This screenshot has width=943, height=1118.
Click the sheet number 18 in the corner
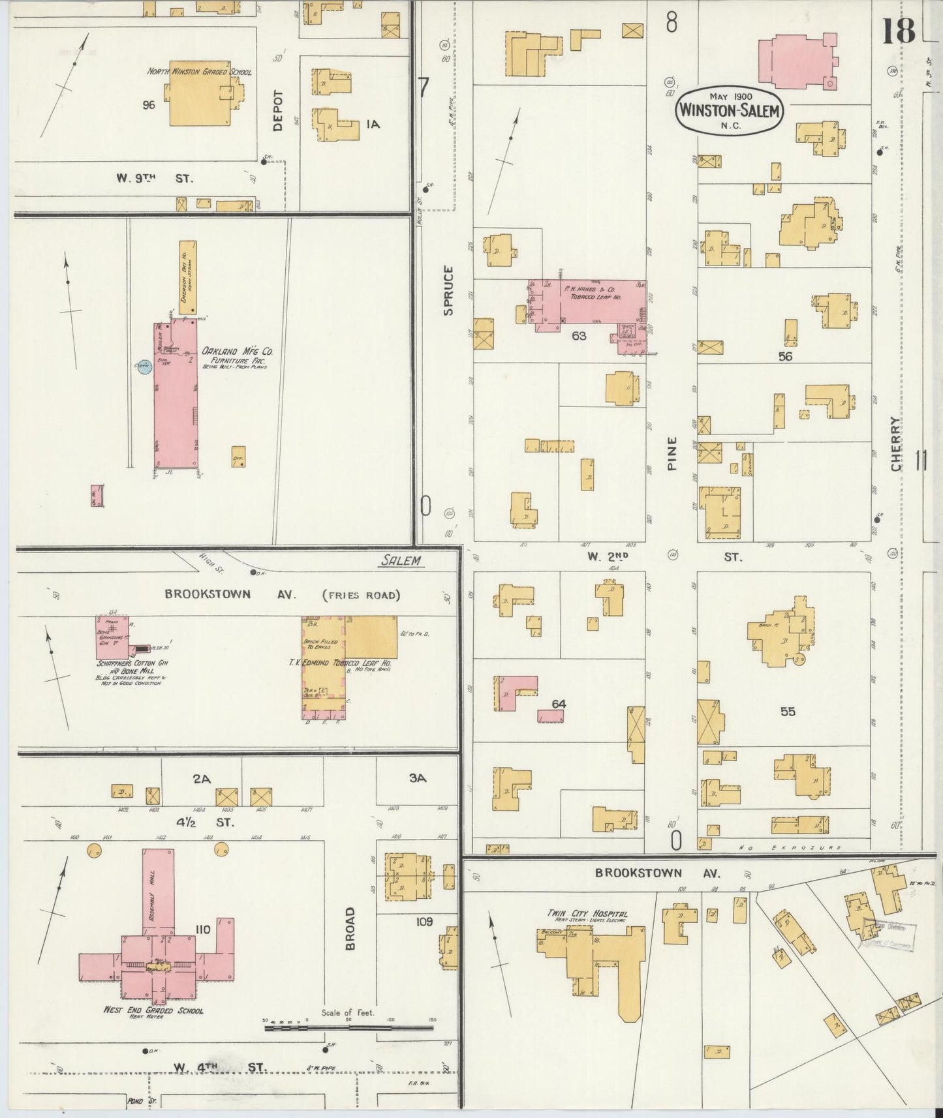coord(899,31)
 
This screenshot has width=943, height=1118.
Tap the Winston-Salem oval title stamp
coord(730,110)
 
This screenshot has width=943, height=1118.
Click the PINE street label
coord(672,453)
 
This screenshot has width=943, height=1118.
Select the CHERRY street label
coord(895,444)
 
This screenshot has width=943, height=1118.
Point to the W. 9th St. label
coord(154,177)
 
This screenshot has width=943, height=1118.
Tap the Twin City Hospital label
coord(588,914)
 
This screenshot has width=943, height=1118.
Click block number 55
coord(788,711)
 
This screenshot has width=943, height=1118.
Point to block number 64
coord(558,704)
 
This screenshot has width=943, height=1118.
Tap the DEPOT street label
coord(278,110)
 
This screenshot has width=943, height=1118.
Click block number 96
coord(149,104)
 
